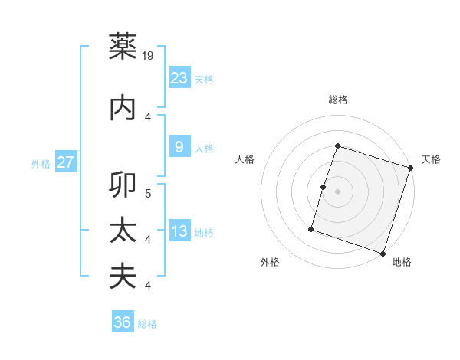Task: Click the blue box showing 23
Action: [179, 78]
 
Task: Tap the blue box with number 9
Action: [179, 147]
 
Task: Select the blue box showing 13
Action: [179, 231]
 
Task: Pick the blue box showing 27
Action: [66, 162]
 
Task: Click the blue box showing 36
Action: [123, 322]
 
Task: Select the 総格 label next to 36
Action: [147, 324]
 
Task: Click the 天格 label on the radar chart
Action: [431, 159]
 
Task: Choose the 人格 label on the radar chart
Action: [245, 159]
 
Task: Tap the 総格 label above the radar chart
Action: [338, 100]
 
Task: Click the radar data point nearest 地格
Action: [383, 253]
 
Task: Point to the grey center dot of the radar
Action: [337, 191]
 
